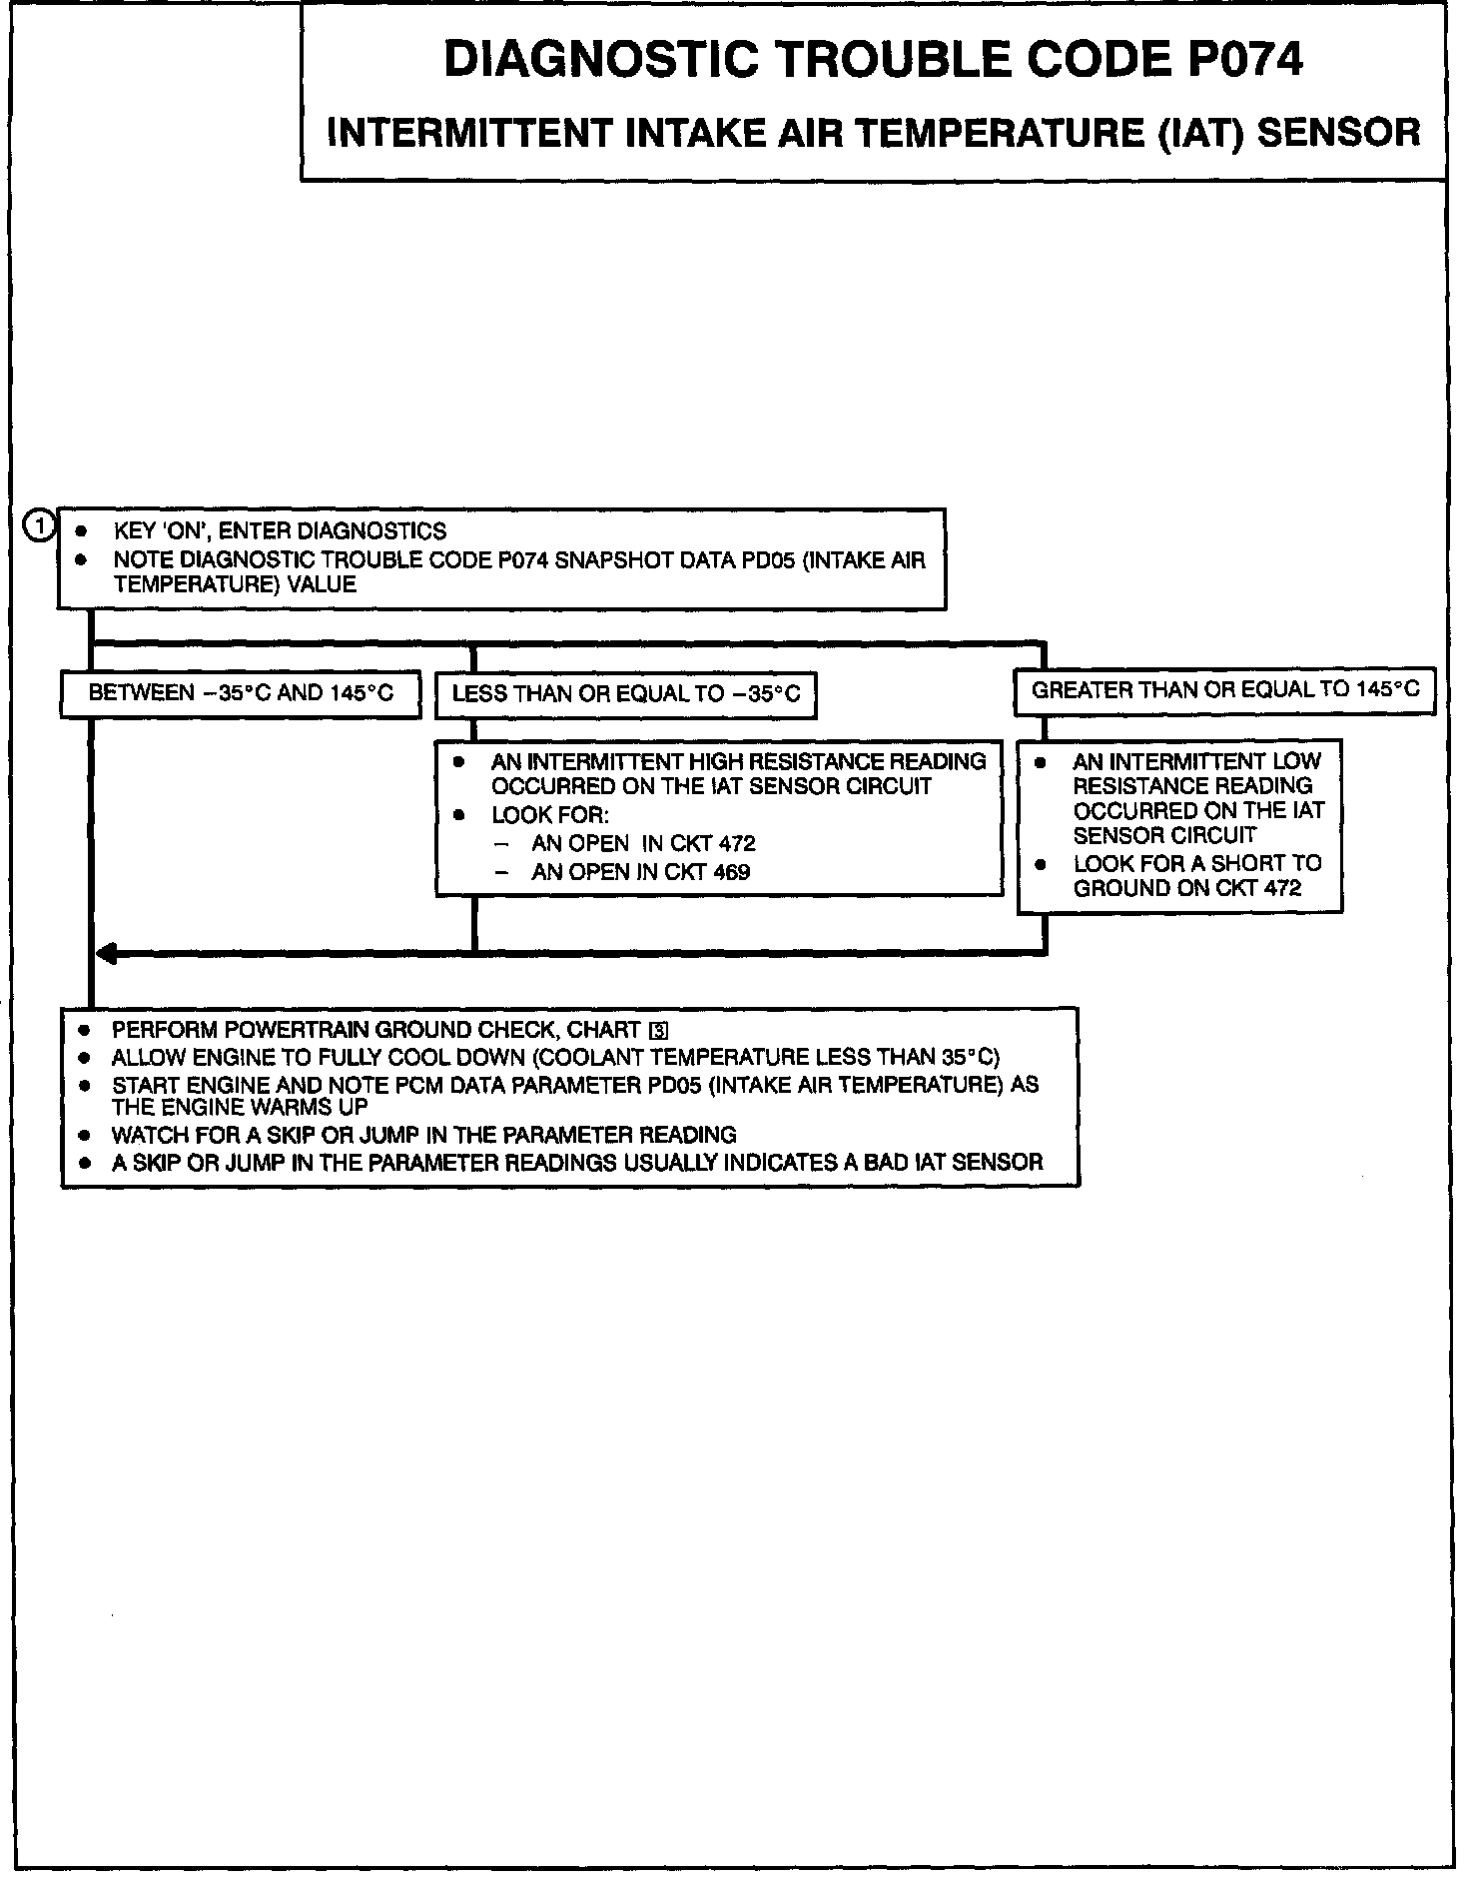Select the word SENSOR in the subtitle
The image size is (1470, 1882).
click(1337, 133)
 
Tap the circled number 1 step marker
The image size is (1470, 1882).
click(40, 525)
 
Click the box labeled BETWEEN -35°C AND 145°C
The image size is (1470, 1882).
click(241, 693)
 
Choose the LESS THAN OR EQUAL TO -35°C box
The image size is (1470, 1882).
click(626, 694)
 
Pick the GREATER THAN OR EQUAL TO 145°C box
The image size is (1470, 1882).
click(1224, 690)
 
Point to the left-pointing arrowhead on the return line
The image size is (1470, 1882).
click(105, 954)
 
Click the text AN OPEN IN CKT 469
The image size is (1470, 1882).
click(640, 872)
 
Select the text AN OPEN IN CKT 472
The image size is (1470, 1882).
click(643, 843)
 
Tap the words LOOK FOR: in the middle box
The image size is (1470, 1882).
click(549, 815)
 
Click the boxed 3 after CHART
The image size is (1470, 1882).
click(658, 1032)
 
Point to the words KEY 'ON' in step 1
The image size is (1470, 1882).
click(155, 531)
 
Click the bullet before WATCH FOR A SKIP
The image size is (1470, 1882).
click(86, 1136)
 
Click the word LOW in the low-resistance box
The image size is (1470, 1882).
click(1296, 761)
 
